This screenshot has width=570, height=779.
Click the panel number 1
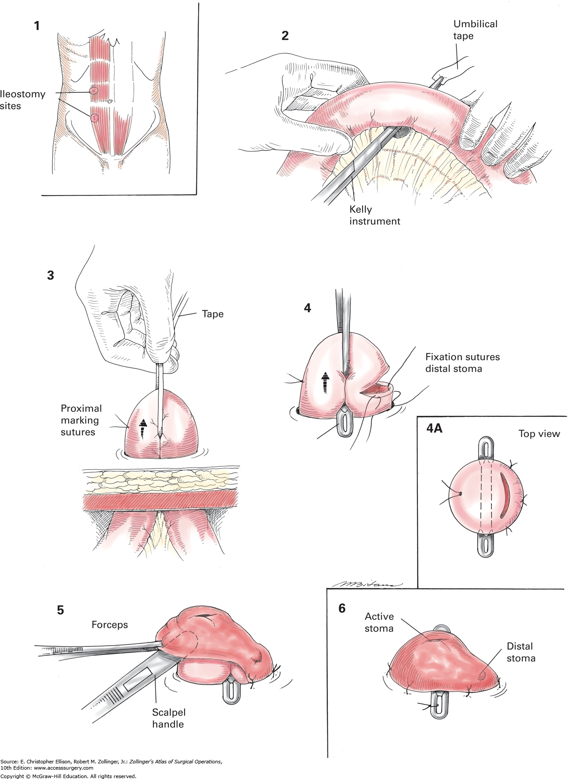point(37,26)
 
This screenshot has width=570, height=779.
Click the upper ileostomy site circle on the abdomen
point(93,91)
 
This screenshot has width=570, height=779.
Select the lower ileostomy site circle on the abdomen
point(95,118)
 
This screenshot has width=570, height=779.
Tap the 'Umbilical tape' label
point(475,30)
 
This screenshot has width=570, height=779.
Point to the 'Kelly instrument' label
point(374,215)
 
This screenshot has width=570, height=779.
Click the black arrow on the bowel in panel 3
point(143,429)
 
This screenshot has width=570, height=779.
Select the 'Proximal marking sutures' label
point(81,420)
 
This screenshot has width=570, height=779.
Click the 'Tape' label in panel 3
point(212,314)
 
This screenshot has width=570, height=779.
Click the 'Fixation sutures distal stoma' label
point(462,363)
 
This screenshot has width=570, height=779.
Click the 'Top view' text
point(539,434)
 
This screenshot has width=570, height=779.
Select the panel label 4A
point(434,429)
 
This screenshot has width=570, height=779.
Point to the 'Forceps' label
point(110,625)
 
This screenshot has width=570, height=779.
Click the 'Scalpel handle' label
point(168,718)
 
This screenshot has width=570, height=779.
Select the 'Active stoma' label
point(379,622)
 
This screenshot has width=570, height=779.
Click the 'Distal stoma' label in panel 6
point(520,652)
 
